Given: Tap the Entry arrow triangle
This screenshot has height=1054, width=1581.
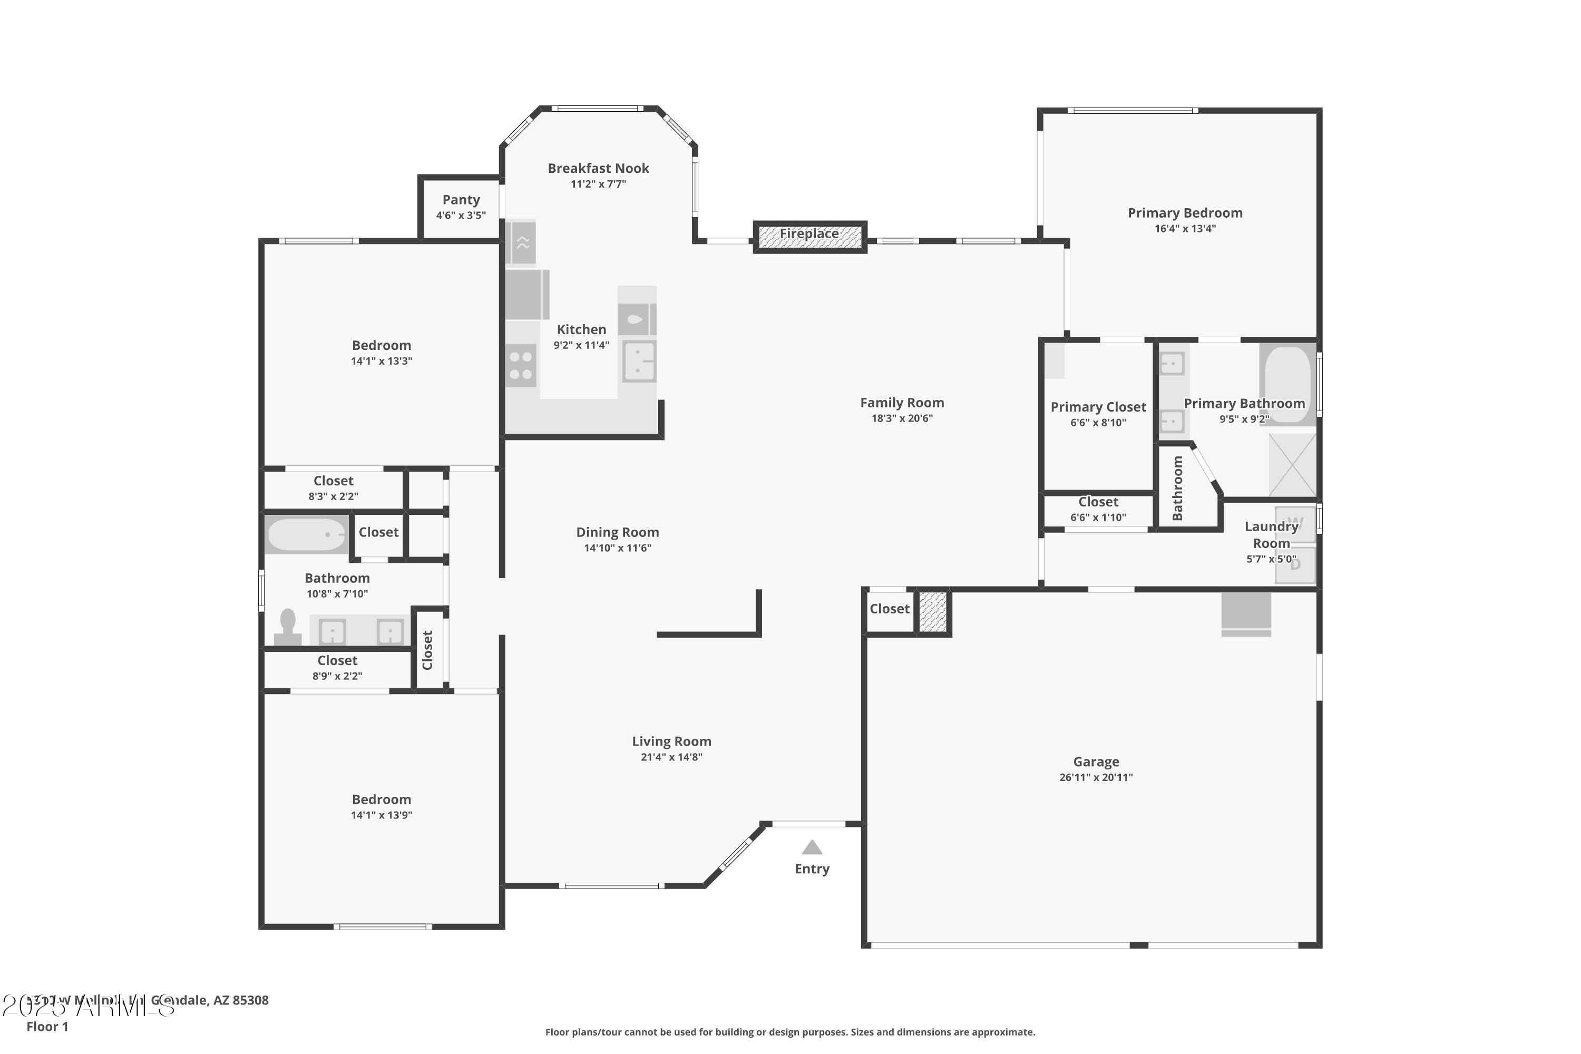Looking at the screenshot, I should pos(812,847).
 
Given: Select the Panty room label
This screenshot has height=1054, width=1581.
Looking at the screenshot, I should pos(461,200).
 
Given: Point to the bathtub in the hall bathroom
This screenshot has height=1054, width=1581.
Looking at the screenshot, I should pos(307,535).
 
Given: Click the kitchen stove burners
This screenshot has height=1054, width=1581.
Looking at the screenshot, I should pos(521,366).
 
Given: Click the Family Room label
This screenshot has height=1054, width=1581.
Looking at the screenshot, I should pos(902,403).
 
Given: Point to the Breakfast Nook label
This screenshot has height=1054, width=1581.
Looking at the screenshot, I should pos(598,168).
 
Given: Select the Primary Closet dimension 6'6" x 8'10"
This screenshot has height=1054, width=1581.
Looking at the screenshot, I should pos(1098,423).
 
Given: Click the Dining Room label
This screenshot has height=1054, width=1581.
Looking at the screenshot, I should pos(617,532).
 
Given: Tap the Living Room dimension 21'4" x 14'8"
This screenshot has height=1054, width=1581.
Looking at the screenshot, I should pos(671,757).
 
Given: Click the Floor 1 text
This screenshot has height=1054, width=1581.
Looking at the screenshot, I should pos(47,1027).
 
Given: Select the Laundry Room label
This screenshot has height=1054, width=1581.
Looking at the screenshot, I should pos(1271,534).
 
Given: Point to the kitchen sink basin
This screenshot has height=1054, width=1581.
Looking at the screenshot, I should pos(639,361).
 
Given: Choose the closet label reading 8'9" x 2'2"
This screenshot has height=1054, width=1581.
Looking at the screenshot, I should pos(337,676).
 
